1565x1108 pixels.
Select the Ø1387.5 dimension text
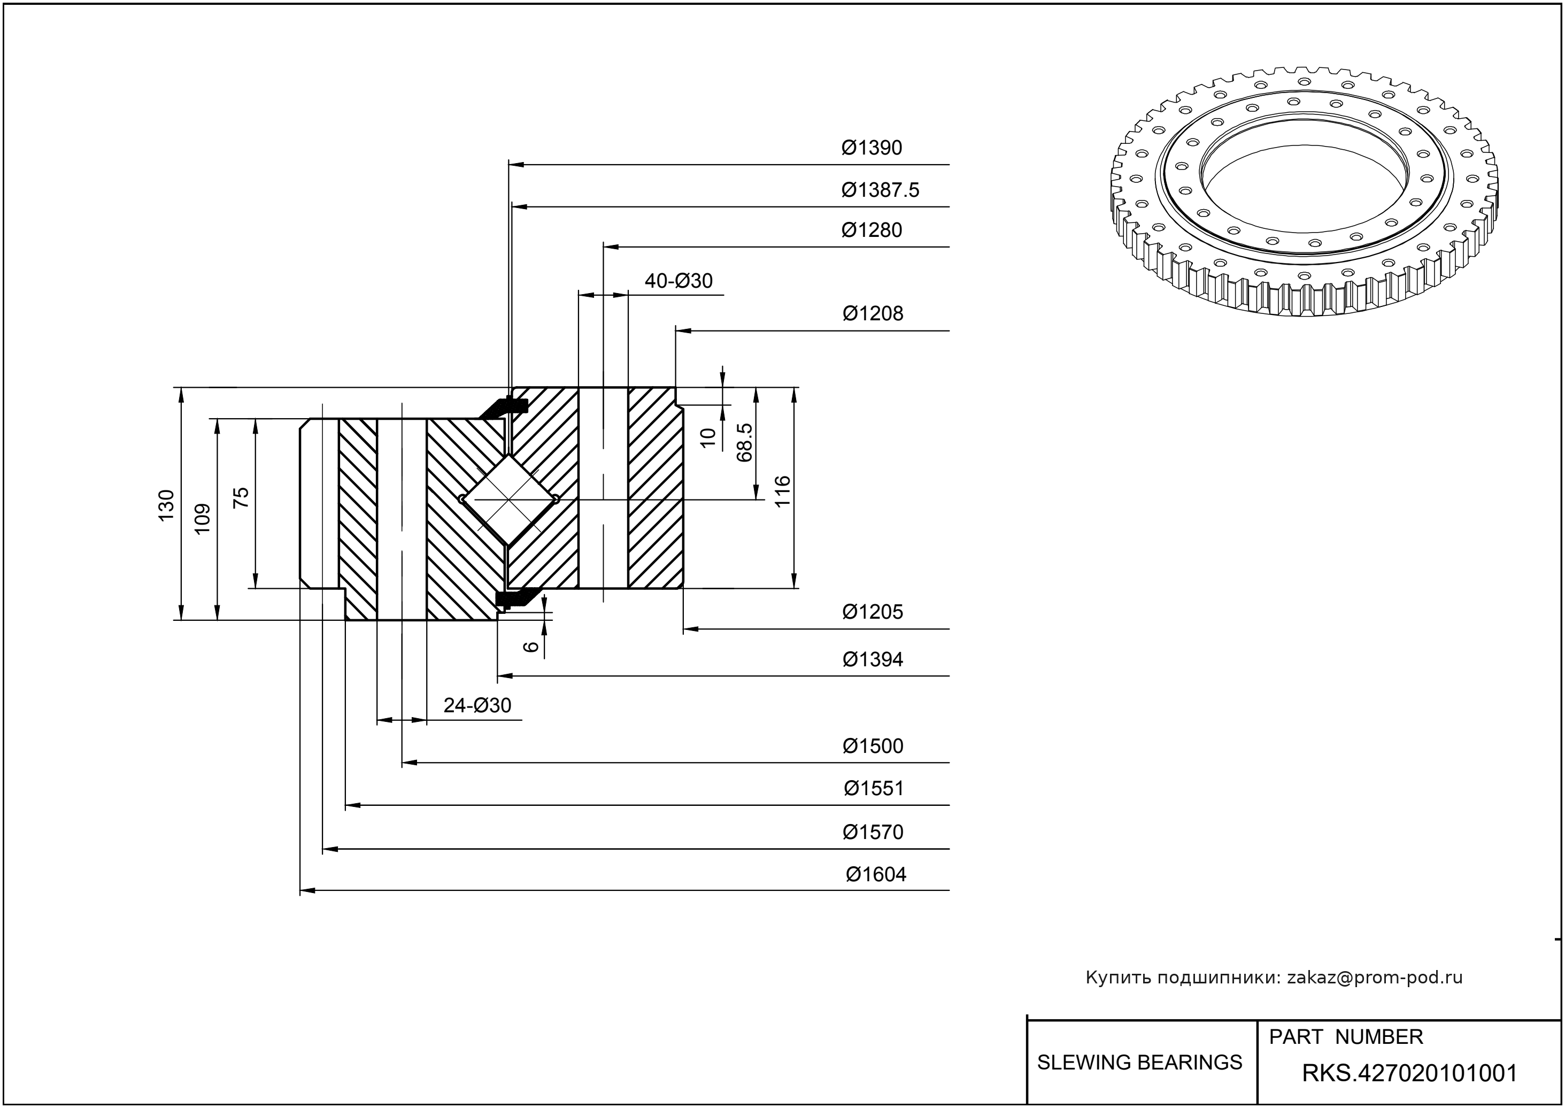tap(880, 190)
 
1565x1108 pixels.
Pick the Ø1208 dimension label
tap(873, 314)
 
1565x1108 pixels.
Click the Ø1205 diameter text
tap(873, 612)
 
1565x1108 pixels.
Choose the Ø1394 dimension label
tap(873, 660)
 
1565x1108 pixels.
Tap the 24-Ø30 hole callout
tap(477, 705)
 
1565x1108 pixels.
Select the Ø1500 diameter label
tap(873, 747)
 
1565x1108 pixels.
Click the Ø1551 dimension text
tap(873, 789)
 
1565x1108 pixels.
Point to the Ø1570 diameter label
tap(873, 833)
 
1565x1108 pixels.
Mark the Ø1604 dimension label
tap(876, 875)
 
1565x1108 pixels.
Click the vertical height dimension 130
tap(166, 505)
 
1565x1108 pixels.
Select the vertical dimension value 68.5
tap(744, 442)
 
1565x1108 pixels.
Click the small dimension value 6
tap(531, 645)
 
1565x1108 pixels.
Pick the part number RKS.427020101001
tap(1409, 1073)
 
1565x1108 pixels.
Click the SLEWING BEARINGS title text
tap(1139, 1063)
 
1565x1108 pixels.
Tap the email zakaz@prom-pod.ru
tap(1374, 978)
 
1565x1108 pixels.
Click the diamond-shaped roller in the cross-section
tap(508, 499)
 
